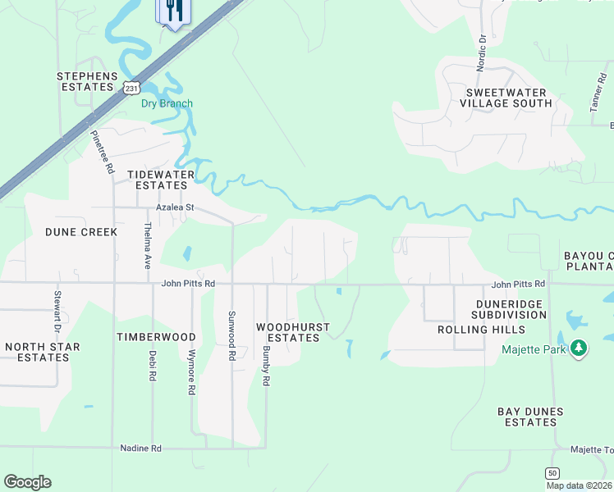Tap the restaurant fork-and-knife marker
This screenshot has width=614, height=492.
click(x=172, y=11)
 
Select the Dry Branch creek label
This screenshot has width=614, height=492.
click(x=167, y=103)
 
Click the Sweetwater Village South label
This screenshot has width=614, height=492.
click(x=506, y=98)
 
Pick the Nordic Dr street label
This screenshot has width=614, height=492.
click(x=482, y=50)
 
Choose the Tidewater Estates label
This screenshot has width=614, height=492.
click(x=161, y=180)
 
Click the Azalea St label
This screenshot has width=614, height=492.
click(x=175, y=208)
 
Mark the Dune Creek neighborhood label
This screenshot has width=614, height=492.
click(x=81, y=232)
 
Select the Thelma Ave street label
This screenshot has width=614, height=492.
click(x=148, y=246)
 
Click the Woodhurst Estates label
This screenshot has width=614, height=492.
click(x=293, y=332)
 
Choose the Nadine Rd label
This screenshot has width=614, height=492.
click(x=140, y=449)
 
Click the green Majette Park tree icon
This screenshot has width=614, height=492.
click(x=580, y=348)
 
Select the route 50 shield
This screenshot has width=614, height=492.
click(x=552, y=472)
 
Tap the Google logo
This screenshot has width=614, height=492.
click(x=27, y=481)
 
